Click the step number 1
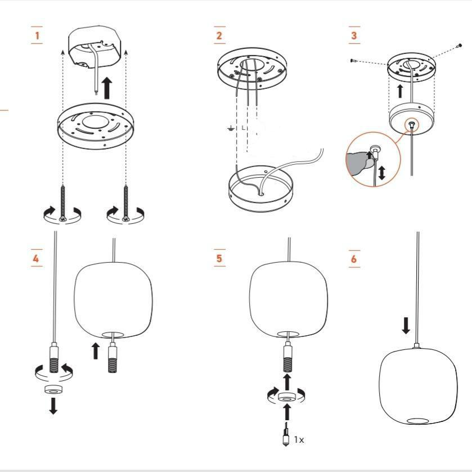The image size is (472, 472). [37, 35]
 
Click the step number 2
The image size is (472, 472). [219, 35]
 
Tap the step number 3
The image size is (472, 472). [354, 35]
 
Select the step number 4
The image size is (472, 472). [36, 258]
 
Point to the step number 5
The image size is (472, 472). [219, 258]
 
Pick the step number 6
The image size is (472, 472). [354, 259]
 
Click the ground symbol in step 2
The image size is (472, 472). [231, 128]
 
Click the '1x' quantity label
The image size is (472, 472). [299, 440]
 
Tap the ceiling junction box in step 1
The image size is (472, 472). [95, 48]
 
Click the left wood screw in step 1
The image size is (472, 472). [62, 203]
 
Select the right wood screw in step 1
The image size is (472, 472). [126, 203]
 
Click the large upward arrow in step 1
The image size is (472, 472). [107, 88]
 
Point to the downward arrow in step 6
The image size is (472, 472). [406, 325]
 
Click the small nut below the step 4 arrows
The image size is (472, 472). [53, 389]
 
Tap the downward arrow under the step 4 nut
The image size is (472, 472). [53, 406]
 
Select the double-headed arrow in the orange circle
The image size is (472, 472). [381, 173]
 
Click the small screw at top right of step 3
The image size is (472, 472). [459, 46]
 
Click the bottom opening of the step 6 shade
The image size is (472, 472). [417, 421]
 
